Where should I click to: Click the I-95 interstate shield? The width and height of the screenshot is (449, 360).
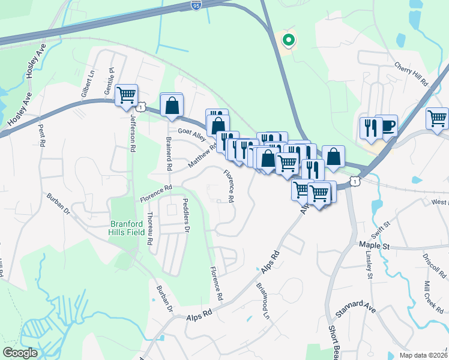click(196, 5)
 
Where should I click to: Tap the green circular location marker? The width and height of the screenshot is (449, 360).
click(288, 41)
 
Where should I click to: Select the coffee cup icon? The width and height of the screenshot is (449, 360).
click(387, 125)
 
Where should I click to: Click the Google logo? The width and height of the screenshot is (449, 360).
click(20, 353)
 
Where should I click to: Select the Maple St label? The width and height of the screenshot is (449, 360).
click(374, 246)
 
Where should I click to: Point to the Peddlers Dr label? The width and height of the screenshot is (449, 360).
click(186, 215)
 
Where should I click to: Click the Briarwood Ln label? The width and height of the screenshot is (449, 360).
click(262, 301)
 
